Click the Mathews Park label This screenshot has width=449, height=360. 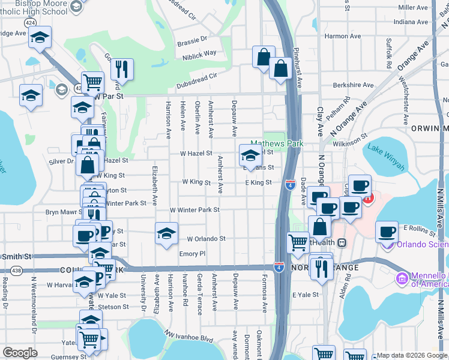tap(277, 144)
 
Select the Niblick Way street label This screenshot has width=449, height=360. tap(200, 53)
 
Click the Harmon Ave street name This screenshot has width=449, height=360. tap(343, 36)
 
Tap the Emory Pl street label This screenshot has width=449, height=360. tap(192, 254)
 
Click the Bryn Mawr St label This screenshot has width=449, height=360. tap(63, 212)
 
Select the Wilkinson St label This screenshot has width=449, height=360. tap(351, 142)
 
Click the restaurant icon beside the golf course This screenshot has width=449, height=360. tap(122, 69)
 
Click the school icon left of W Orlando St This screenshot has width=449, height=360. tap(166, 234)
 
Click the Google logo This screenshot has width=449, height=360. tap(20, 353)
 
